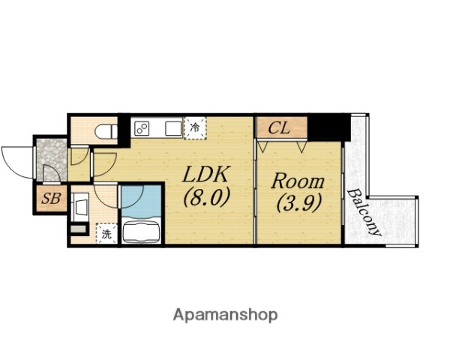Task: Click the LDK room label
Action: (205, 174)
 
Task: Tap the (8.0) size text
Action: (207, 197)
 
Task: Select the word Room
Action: (298, 181)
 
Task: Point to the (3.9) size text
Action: (298, 203)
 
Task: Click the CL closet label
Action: (279, 128)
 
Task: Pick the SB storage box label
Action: (51, 198)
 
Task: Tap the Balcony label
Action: (364, 212)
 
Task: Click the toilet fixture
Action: (106, 132)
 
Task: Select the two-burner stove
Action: (142, 128)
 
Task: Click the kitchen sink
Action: (173, 128)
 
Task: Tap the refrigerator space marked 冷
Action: (195, 127)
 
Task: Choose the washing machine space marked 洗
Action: (106, 233)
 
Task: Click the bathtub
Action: (141, 230)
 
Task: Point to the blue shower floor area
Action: (141, 201)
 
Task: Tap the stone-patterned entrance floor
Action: (52, 160)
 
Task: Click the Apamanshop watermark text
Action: (225, 316)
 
